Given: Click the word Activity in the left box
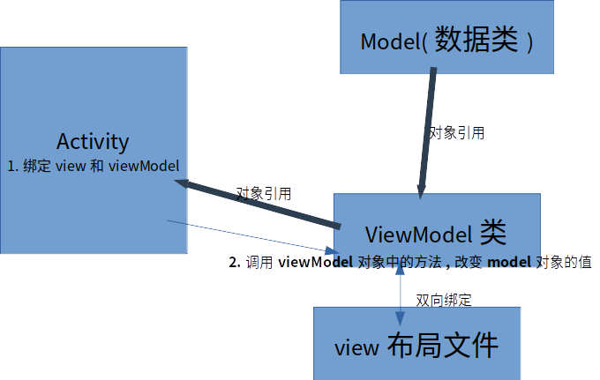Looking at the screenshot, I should (93, 141).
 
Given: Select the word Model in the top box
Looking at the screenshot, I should (389, 42).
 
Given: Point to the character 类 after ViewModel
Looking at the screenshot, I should (493, 233).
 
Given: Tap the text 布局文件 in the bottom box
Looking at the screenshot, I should (443, 346).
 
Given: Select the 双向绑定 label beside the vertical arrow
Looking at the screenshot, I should (443, 300).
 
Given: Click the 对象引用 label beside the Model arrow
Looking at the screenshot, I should (456, 133).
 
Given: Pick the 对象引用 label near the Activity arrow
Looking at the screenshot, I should (263, 193).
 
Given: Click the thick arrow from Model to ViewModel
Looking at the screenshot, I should (428, 132).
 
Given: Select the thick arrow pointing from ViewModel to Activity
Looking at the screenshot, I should (256, 203).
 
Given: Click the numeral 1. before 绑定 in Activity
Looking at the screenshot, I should (12, 166).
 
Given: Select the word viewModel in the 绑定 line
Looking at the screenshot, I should (145, 166).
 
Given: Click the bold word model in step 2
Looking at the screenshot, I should (509, 263).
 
